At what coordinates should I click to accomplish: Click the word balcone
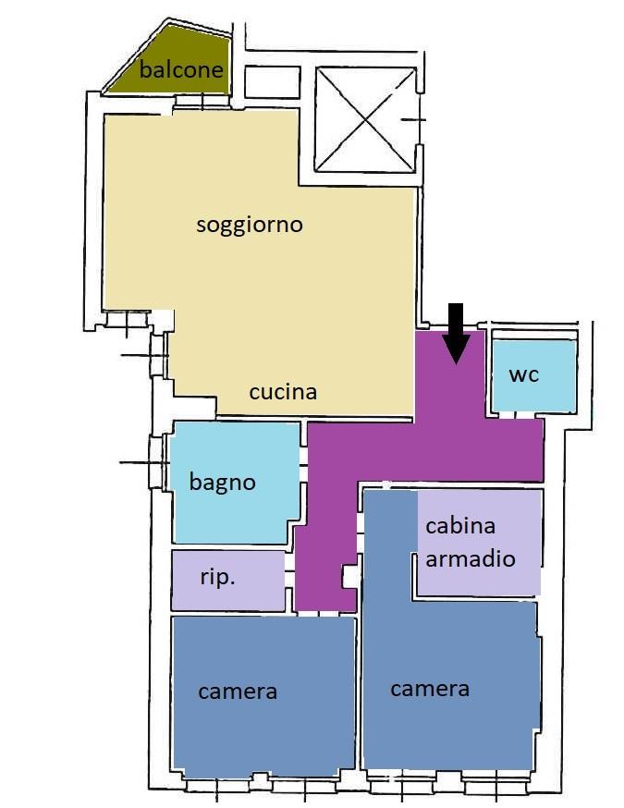[x=181, y=69]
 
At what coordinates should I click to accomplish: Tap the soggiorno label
[x=250, y=226]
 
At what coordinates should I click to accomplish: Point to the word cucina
[x=283, y=392]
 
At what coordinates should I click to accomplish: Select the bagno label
[x=222, y=483]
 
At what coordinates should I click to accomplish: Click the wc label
[x=523, y=375]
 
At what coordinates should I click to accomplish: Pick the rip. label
[x=217, y=577]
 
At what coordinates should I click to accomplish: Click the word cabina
[x=460, y=526]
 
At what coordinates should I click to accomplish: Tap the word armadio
[x=471, y=558]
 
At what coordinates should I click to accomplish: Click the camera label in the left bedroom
[x=238, y=692]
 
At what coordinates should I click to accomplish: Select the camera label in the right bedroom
[x=430, y=689]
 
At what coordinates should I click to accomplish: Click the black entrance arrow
[x=456, y=334]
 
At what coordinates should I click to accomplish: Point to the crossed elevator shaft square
[x=365, y=119]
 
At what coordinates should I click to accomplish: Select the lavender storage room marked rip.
[x=227, y=581]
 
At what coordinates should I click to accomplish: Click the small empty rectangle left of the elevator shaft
[x=272, y=82]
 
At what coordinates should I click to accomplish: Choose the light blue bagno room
[x=236, y=483]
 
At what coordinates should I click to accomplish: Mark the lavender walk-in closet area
[x=479, y=542]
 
